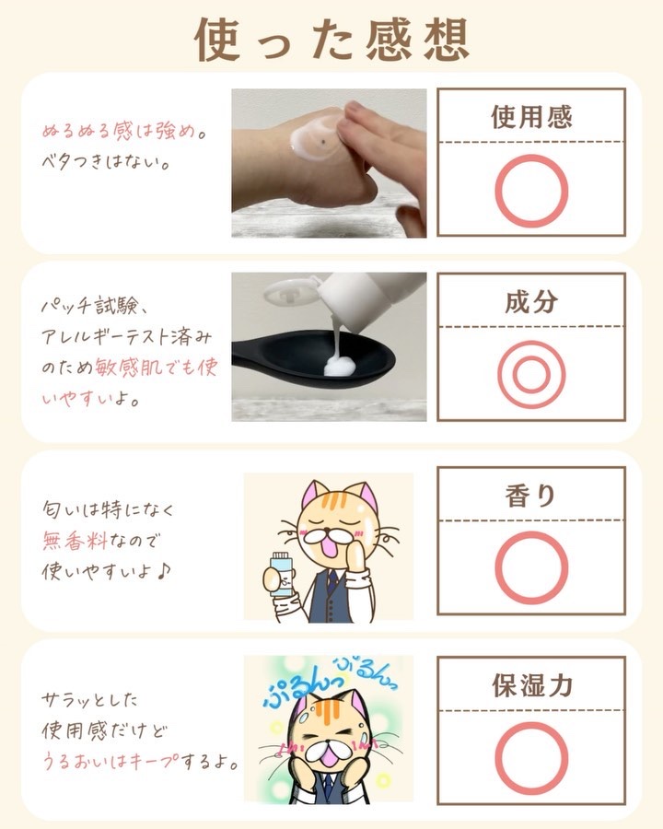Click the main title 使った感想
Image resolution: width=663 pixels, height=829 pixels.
[332, 39]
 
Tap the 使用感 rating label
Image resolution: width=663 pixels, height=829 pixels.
[531, 117]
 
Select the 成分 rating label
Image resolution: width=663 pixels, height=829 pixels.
[531, 302]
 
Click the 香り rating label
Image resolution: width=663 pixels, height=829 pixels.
[530, 496]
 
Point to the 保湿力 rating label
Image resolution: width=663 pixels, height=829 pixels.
[532, 685]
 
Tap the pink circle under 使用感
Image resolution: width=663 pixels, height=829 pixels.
[532, 157]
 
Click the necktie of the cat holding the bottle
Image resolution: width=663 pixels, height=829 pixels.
[332, 580]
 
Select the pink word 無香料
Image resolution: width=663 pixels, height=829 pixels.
[75, 541]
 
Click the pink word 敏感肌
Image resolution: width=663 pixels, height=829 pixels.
[127, 367]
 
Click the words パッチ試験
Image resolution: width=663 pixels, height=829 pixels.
[88, 306]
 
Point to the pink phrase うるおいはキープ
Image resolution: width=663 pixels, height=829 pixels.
[110, 762]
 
